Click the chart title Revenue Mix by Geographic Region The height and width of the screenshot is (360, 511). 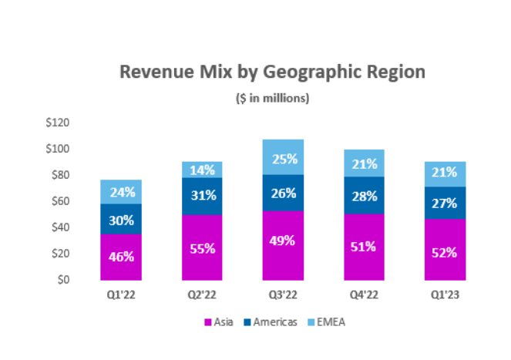272,72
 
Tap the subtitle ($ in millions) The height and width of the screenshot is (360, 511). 272,98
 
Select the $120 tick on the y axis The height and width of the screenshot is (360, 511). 58,123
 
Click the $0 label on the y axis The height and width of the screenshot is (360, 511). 63,280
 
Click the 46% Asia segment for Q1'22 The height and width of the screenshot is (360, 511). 121,257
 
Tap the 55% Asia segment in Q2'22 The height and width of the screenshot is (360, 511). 202,247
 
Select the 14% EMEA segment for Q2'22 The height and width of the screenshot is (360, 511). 202,170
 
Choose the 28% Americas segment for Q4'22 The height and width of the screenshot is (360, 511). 364,195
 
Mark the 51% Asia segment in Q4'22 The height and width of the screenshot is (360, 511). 364,247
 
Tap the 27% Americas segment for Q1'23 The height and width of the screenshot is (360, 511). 445,203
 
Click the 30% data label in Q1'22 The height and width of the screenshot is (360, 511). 121,220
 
